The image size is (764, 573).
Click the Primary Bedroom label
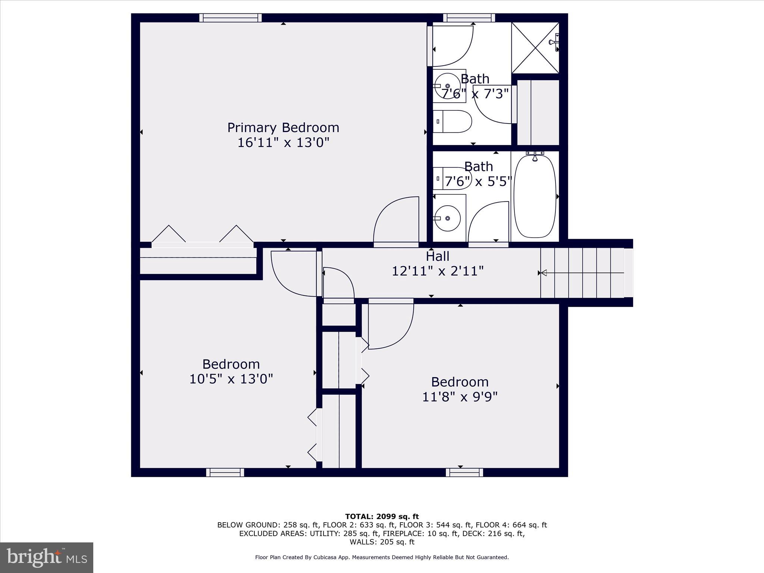[x=283, y=128]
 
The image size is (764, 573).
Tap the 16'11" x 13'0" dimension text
[x=283, y=143]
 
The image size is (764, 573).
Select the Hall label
[x=437, y=256]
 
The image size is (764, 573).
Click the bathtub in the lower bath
[x=535, y=196]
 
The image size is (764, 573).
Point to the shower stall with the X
[x=535, y=48]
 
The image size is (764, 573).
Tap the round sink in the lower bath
[x=448, y=218]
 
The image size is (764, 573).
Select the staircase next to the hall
[x=582, y=273]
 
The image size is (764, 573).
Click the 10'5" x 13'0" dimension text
[x=231, y=379]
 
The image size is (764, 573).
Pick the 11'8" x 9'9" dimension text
[x=460, y=397]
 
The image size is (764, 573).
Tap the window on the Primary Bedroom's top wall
[x=230, y=18]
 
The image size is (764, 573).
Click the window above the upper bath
[x=469, y=18]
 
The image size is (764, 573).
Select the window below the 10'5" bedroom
[x=225, y=472]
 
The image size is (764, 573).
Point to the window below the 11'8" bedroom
[x=464, y=472]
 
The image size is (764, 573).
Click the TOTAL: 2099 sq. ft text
[x=382, y=517]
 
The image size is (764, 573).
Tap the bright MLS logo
[x=47, y=558]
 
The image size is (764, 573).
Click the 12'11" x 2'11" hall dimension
[x=437, y=271]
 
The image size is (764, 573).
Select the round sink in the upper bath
[x=448, y=86]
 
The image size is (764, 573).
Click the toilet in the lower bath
[x=451, y=178]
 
